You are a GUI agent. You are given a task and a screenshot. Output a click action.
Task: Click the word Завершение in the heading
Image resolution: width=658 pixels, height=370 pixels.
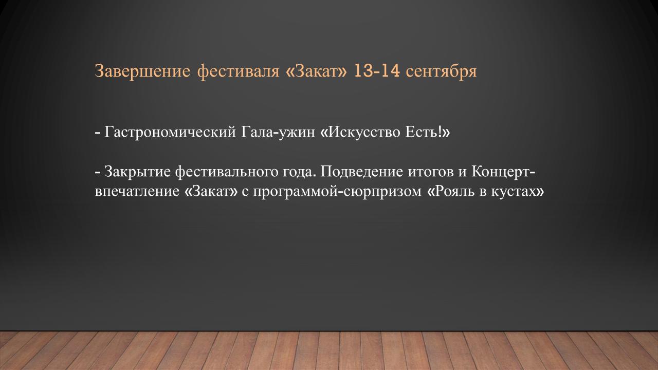142,71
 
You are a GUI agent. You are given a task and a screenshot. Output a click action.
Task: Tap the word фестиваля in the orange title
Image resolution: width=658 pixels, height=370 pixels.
238,71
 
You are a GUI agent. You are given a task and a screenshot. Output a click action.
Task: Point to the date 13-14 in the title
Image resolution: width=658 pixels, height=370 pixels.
377,71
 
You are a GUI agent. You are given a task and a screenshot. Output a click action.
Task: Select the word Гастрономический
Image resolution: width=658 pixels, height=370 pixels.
170,133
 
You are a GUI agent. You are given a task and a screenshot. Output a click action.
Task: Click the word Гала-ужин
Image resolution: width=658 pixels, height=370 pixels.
278,133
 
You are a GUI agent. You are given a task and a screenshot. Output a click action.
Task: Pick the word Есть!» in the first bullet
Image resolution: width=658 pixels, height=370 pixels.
428,132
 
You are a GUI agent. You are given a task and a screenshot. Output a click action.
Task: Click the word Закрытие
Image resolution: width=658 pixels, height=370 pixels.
137,172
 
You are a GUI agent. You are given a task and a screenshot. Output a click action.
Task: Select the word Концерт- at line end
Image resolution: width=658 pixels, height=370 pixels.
503,172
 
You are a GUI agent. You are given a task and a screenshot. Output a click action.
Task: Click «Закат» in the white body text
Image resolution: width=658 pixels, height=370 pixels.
211,192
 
